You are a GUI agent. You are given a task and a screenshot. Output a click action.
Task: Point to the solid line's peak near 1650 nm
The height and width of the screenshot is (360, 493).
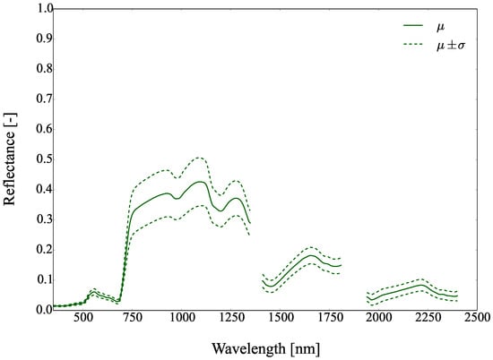pyautogui.click(x=310, y=255)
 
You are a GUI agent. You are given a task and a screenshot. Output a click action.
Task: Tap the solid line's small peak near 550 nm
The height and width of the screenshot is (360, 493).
pyautogui.click(x=93, y=292)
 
